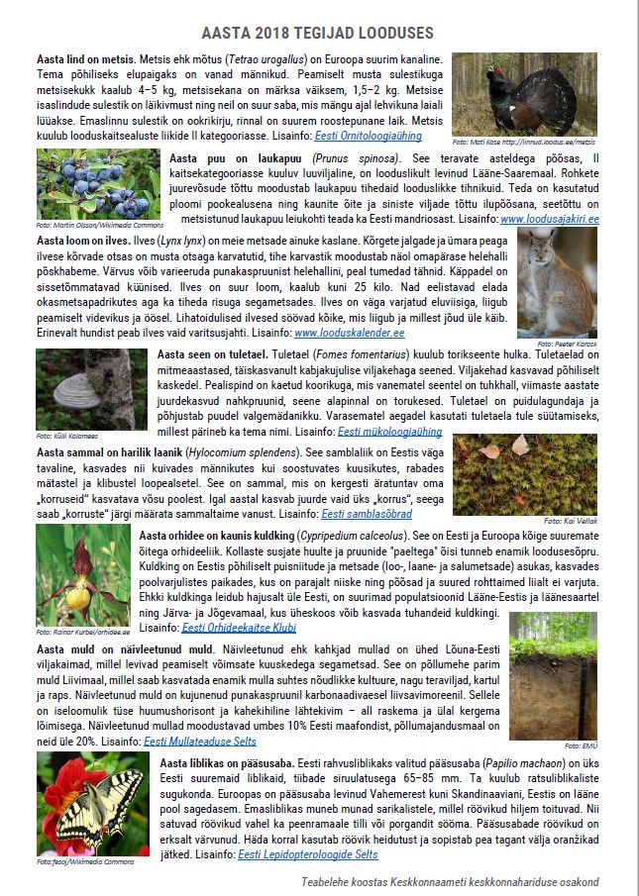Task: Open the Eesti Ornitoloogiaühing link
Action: tap(369, 135)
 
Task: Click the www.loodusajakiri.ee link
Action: tap(550, 219)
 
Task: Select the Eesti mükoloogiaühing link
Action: tap(389, 432)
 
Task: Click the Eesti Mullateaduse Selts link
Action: tap(200, 741)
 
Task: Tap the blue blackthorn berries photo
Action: tap(97, 184)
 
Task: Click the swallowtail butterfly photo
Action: tap(92, 804)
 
